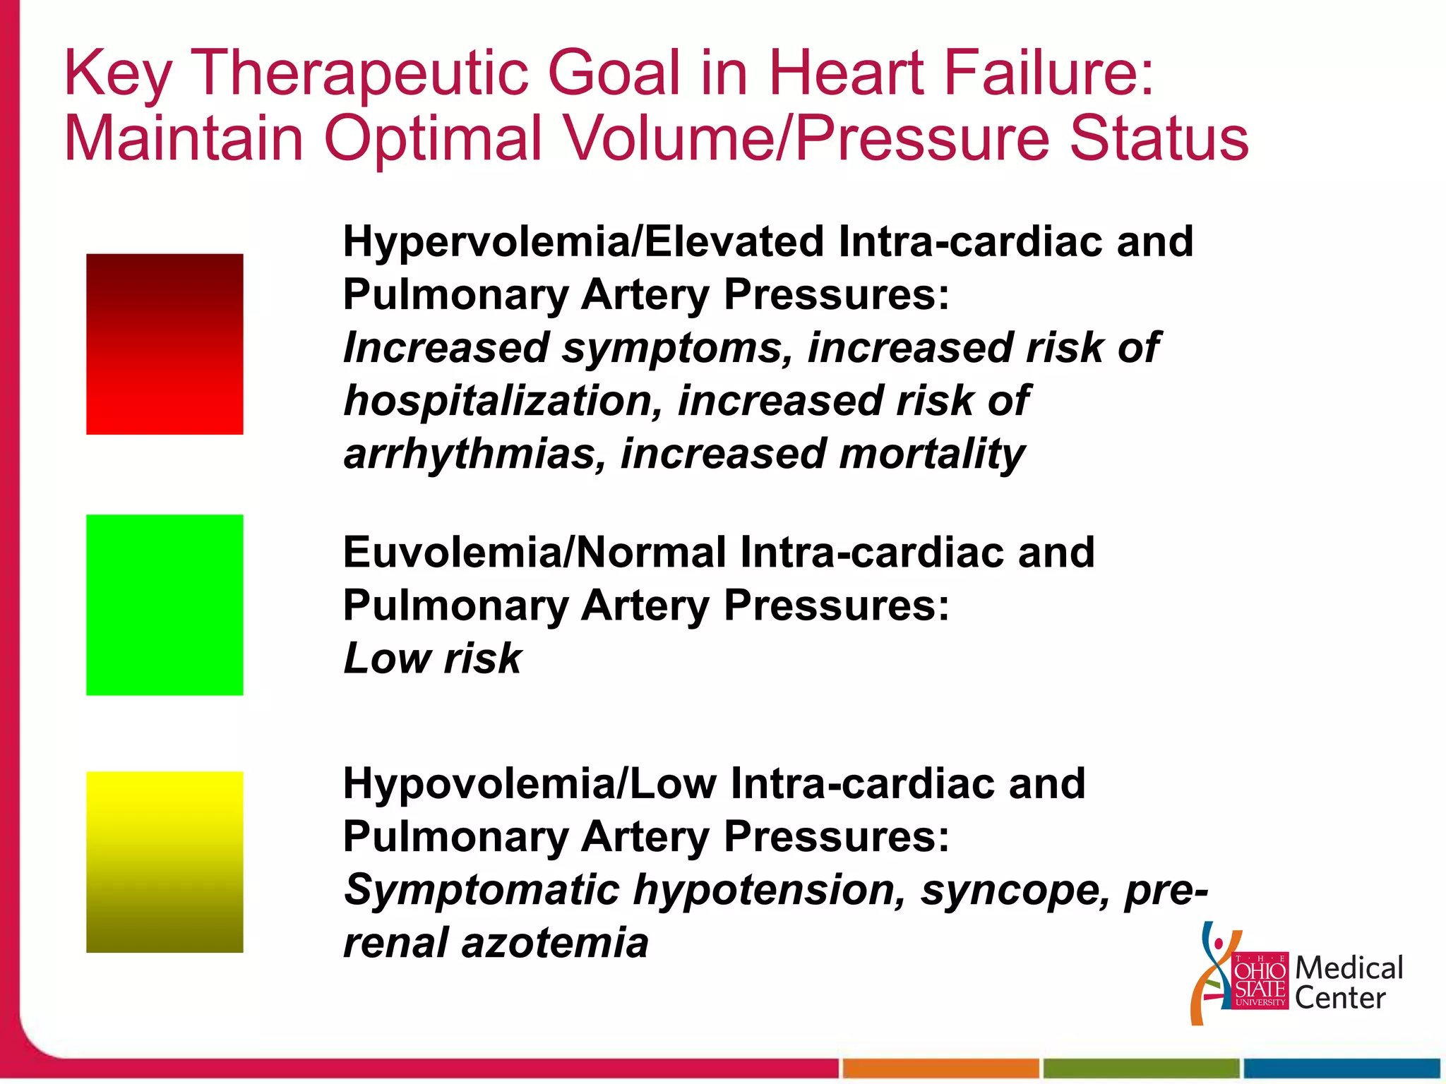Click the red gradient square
point(165,344)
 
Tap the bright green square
point(165,605)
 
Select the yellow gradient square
point(165,862)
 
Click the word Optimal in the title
point(432,138)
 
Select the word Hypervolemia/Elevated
point(583,241)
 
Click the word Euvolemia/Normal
point(534,552)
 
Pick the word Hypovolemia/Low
point(529,783)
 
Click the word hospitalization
point(503,401)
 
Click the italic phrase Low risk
point(432,658)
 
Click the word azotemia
point(554,943)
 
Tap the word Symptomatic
point(481,890)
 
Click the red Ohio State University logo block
point(1260,980)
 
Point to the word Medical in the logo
point(1349,968)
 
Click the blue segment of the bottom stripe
point(1342,1068)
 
